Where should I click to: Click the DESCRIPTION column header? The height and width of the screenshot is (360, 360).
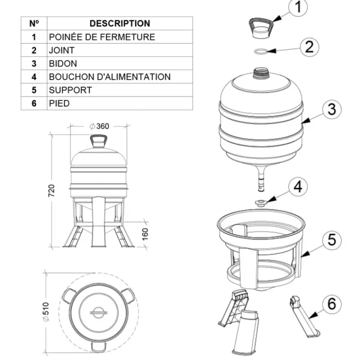(120, 23)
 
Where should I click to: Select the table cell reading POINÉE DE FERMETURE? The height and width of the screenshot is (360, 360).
(102, 37)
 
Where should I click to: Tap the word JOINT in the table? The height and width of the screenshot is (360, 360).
(62, 50)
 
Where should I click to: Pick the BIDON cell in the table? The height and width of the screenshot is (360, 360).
(63, 63)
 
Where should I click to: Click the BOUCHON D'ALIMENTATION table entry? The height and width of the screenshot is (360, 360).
(110, 77)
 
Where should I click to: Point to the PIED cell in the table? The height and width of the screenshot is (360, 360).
(59, 103)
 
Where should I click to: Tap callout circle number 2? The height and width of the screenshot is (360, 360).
(309, 47)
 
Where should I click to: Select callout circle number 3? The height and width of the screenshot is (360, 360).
(331, 109)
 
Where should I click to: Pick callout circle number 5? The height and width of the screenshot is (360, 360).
(331, 239)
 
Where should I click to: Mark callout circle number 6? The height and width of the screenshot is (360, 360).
(331, 304)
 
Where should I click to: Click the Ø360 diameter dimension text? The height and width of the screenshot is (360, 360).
(99, 126)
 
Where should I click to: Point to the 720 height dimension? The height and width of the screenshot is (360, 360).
(51, 190)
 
